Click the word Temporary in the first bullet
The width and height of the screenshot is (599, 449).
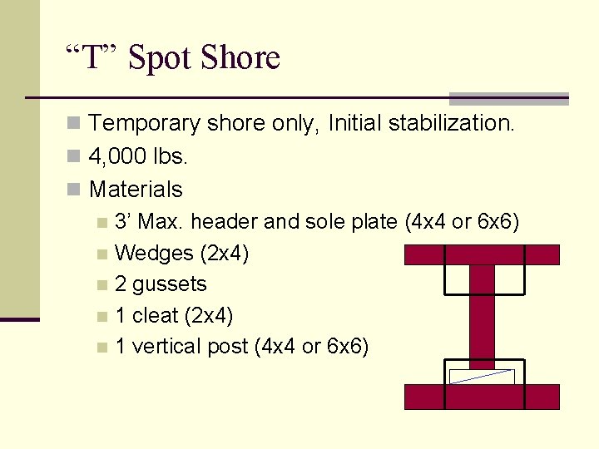pyautogui.click(x=145, y=124)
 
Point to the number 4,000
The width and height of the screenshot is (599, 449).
pyautogui.click(x=116, y=156)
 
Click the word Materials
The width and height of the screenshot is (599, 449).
pyautogui.click(x=136, y=190)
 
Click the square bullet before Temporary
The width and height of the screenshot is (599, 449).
pyautogui.click(x=74, y=125)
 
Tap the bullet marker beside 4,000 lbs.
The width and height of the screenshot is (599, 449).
pyautogui.click(x=74, y=157)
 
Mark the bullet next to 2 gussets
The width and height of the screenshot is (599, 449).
pyautogui.click(x=101, y=285)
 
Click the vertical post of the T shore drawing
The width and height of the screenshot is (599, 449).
pyautogui.click(x=482, y=320)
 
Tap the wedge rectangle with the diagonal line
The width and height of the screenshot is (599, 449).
pyautogui.click(x=482, y=376)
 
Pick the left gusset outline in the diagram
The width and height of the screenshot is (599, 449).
pyautogui.click(x=457, y=279)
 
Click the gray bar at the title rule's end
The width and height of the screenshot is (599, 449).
pyautogui.click(x=508, y=98)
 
